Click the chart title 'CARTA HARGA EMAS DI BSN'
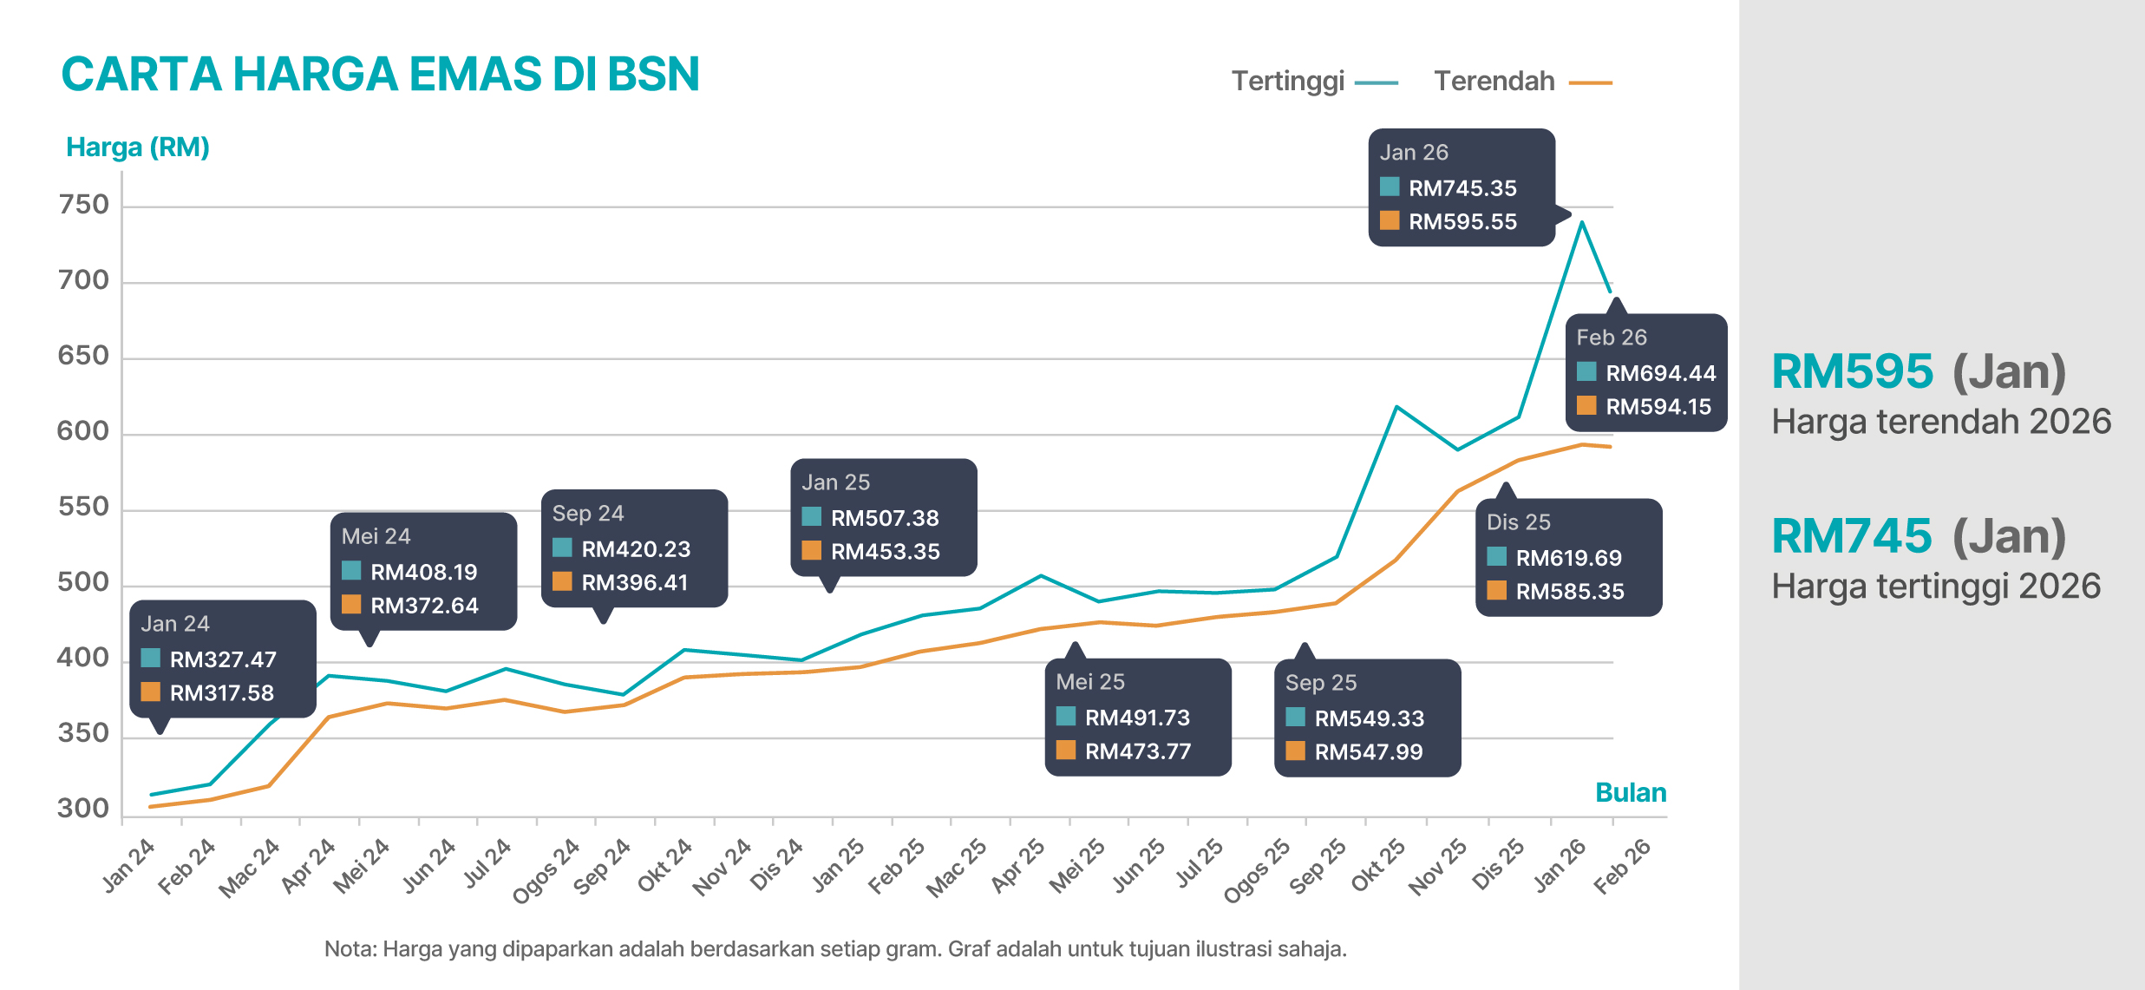380,74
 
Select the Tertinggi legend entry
1313,82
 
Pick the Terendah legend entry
1521,82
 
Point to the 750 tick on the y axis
83,205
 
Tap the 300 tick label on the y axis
83,809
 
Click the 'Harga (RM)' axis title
138,148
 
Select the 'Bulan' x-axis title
1631,792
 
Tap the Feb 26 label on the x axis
1622,866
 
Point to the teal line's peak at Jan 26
1582,222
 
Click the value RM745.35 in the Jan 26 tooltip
1462,188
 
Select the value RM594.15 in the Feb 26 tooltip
1658,407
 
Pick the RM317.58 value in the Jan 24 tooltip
221,693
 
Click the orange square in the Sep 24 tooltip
562,581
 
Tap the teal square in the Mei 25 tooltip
1066,717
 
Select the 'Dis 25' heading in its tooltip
1518,522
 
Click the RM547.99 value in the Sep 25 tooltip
1368,752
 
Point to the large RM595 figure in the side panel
1852,371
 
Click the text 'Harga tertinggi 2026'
1936,587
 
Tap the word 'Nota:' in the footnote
350,949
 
